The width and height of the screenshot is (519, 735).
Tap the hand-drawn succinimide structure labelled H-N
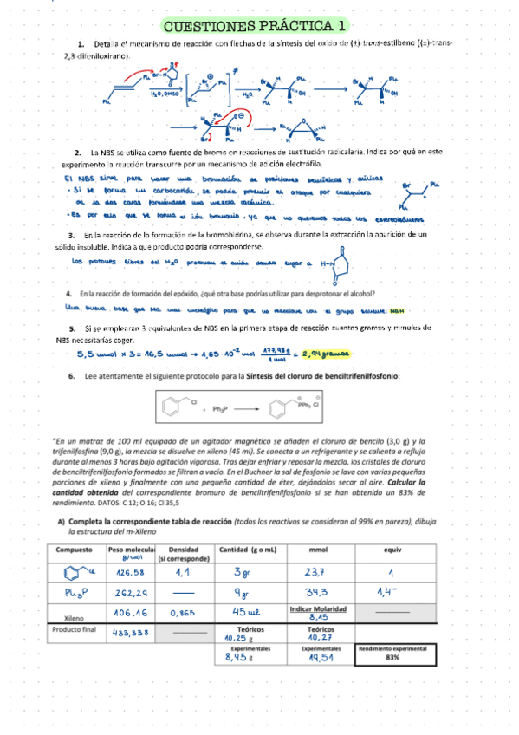[338, 265]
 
